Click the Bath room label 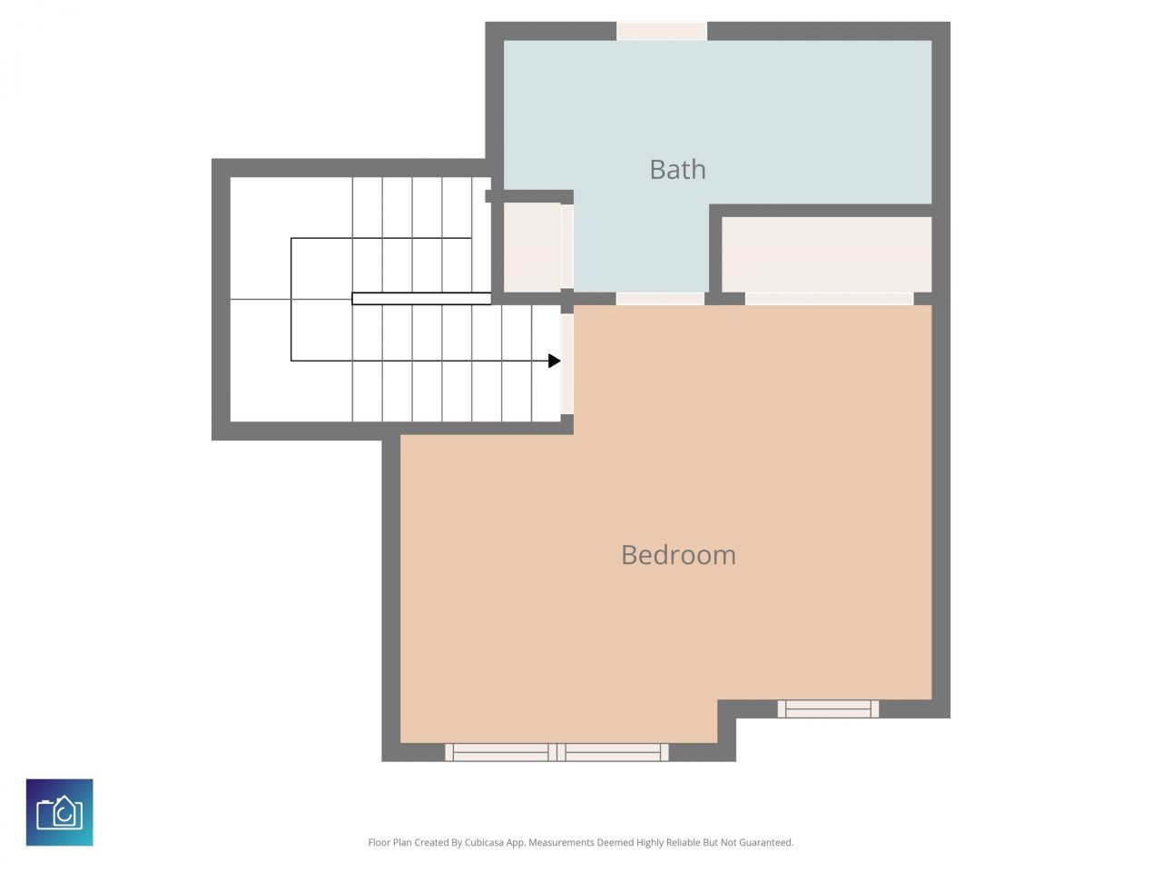tap(677, 170)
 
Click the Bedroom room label tap(678, 555)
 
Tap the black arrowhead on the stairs tap(554, 361)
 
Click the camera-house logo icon tap(59, 812)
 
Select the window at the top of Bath tap(662, 31)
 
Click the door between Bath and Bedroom tap(660, 299)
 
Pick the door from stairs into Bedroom tap(567, 363)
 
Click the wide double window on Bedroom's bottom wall tap(556, 752)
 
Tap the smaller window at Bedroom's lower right tap(828, 708)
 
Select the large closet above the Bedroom tap(826, 254)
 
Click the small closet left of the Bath tap(531, 247)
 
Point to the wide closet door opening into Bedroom tap(829, 299)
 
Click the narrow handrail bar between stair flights tap(421, 298)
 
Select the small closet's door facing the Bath tap(567, 247)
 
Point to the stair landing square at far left tap(261, 299)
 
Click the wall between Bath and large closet tap(822, 210)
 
